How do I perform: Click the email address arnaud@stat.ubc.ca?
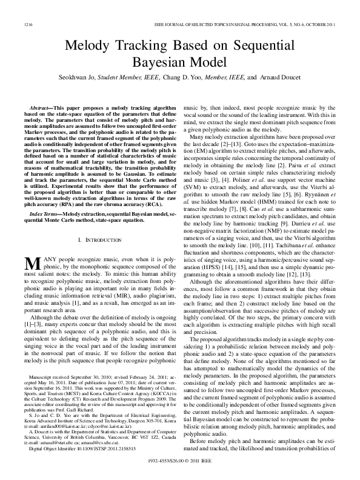[66, 442]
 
